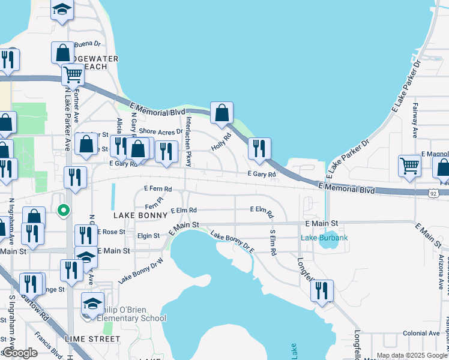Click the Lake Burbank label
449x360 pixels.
324,238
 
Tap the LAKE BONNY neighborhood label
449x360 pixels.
138,214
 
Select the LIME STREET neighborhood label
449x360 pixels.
93,339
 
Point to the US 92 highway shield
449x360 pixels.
433,193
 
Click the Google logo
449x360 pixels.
20,353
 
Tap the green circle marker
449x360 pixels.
62,210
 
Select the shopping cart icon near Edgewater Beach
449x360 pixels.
73,75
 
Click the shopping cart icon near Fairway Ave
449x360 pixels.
409,166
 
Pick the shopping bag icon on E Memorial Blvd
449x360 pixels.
221,113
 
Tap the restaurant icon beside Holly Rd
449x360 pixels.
259,149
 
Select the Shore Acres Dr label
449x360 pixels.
160,131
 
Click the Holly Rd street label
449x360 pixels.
221,142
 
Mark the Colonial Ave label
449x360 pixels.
421,333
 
